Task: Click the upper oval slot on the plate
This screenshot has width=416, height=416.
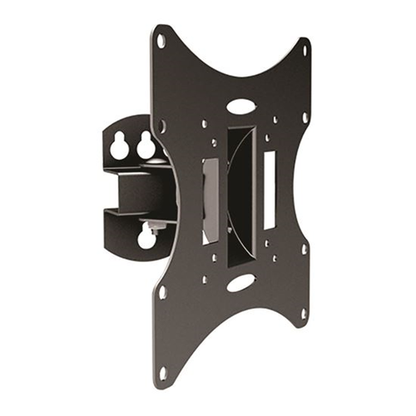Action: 240,106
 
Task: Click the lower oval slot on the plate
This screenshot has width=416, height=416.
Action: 240,283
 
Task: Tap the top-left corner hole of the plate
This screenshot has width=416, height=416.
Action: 161,40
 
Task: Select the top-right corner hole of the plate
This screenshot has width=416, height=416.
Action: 305,51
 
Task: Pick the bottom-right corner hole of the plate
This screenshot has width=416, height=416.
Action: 305,314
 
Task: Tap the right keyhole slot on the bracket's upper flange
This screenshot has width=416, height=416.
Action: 146,146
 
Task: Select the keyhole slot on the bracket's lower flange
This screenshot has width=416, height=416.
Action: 147,238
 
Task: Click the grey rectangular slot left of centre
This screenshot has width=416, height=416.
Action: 210,200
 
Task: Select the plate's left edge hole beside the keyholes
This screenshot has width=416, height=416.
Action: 161,126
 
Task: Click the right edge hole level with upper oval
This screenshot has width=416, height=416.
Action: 305,117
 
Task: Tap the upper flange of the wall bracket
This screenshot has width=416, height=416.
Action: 129,141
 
